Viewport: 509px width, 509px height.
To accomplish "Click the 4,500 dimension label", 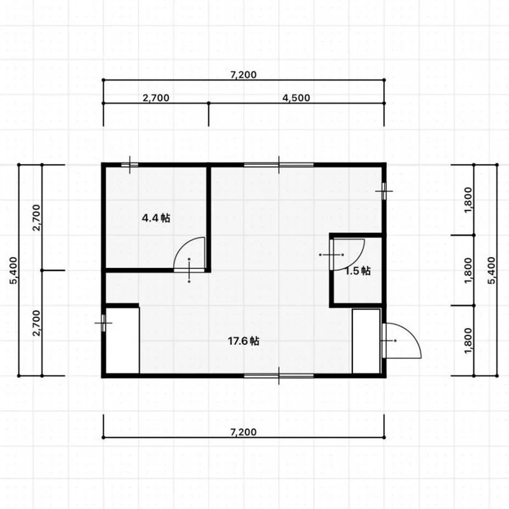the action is click(296, 98).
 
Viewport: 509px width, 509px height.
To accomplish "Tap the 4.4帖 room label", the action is click(156, 218).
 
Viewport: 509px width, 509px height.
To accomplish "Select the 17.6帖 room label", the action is click(244, 341).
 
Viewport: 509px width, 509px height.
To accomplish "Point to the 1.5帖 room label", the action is click(358, 271).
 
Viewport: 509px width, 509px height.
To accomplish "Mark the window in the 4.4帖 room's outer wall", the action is click(130, 165).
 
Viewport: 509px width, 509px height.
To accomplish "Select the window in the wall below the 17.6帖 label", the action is click(279, 376).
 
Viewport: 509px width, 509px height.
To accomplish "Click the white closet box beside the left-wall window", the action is click(123, 340).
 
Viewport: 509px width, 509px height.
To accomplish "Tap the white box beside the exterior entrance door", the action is click(366, 341).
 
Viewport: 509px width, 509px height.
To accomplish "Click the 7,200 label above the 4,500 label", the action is click(244, 74).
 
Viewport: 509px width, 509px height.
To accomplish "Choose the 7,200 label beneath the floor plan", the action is click(244, 432).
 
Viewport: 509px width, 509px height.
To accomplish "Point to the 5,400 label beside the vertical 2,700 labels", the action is click(13, 270).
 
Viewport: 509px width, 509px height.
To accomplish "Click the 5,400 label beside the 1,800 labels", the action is click(492, 270).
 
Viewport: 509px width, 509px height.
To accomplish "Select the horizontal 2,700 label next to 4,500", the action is click(156, 98).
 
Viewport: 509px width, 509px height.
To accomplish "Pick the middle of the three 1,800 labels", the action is click(468, 270).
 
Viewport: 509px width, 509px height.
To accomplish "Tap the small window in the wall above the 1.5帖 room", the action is click(384, 191).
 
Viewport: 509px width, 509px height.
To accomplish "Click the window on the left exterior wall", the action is click(104, 323).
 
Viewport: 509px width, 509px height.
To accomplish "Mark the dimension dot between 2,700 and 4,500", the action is click(209, 103).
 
